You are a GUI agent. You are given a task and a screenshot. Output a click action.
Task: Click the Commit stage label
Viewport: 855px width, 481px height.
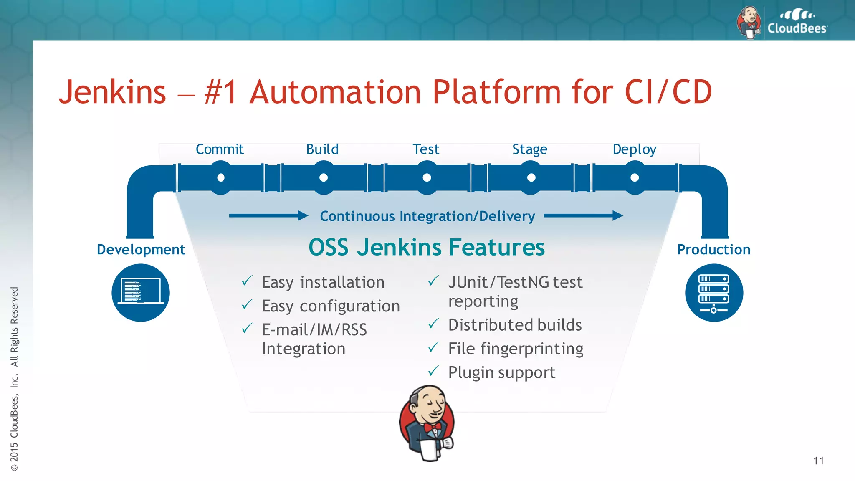220,149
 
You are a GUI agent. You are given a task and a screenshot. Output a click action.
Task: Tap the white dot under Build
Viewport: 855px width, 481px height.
323,178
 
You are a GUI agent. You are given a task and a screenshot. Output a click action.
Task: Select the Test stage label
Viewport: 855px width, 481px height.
426,149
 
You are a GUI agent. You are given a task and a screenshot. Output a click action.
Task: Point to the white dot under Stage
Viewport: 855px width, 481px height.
531,178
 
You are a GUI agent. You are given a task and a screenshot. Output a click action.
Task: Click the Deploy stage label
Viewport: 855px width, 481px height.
634,149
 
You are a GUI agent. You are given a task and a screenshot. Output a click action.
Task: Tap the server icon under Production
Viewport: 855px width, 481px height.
714,292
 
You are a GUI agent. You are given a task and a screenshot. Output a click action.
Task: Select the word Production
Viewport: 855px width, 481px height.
713,249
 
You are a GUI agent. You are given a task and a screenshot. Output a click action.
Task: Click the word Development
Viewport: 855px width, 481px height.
141,249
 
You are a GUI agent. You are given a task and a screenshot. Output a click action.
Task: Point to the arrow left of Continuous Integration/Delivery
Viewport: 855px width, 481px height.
268,216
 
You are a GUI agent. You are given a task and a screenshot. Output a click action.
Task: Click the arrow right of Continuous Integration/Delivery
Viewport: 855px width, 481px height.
583,216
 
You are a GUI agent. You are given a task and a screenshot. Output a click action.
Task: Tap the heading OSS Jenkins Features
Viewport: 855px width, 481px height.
426,247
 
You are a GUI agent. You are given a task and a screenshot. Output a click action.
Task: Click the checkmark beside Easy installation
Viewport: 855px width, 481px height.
247,281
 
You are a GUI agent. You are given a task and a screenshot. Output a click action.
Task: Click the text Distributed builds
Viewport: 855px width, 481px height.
515,325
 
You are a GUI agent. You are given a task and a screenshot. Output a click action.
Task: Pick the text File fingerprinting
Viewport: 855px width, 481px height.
516,349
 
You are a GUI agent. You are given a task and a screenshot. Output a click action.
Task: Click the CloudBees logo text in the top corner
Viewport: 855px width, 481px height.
797,28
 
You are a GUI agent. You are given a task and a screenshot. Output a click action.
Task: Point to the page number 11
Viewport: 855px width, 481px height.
818,461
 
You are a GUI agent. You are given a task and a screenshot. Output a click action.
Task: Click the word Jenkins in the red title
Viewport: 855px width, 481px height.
112,92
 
